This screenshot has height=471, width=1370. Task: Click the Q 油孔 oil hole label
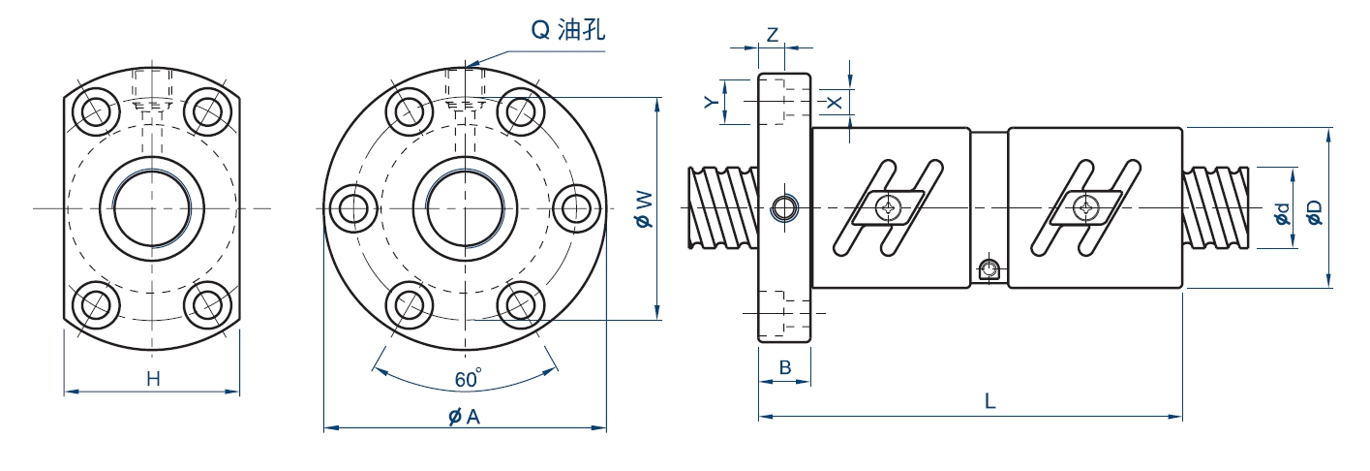pos(568,31)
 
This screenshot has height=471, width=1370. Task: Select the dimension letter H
pos(153,380)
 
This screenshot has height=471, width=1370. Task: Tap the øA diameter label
pos(464,417)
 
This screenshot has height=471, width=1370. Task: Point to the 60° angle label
pos(468,380)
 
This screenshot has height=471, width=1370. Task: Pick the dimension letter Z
pos(772,34)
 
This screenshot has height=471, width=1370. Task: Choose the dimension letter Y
pos(710,102)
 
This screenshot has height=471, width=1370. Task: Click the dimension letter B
pos(785,367)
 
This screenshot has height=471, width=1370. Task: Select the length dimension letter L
pos(989,401)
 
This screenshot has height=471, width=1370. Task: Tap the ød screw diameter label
pos(1282,214)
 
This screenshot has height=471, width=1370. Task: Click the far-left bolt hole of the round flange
pos(352,208)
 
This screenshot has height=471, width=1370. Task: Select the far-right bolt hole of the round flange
pos(578,208)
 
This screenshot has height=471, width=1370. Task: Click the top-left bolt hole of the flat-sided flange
pos(96,110)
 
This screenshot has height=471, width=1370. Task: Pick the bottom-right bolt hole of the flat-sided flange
pos(207,304)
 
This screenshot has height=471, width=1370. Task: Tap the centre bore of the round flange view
pos(465,207)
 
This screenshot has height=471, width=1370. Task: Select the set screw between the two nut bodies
pos(989,270)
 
